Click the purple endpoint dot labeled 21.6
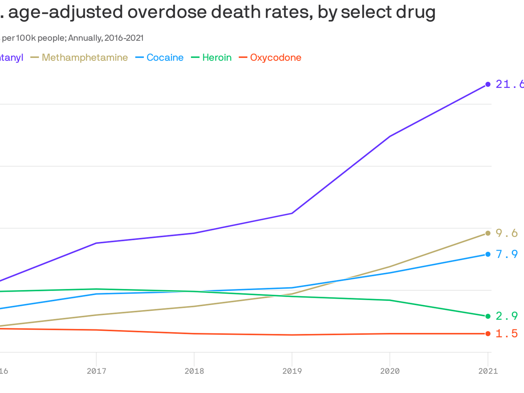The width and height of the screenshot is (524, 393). pyautogui.click(x=488, y=84)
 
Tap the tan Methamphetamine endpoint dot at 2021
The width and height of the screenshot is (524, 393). pyautogui.click(x=488, y=233)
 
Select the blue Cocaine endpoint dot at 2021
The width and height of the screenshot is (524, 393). pyautogui.click(x=488, y=254)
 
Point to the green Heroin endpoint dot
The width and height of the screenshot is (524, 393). pyautogui.click(x=488, y=316)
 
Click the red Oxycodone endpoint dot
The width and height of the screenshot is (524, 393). pyautogui.click(x=488, y=334)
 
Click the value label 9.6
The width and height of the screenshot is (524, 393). pyautogui.click(x=507, y=233)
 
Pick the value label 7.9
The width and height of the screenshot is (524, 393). pyautogui.click(x=507, y=254)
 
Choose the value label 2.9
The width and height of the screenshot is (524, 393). pyautogui.click(x=507, y=316)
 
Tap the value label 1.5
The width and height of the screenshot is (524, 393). pyautogui.click(x=507, y=334)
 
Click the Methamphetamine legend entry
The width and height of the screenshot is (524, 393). pyautogui.click(x=84, y=58)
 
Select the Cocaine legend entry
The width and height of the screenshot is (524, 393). pyautogui.click(x=165, y=58)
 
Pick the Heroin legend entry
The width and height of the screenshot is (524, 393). pyautogui.click(x=217, y=58)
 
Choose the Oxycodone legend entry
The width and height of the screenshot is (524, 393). pyautogui.click(x=275, y=58)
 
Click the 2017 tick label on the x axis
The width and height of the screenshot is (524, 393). pyautogui.click(x=96, y=371)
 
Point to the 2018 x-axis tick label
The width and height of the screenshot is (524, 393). pyautogui.click(x=194, y=371)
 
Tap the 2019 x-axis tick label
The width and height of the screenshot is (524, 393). pyautogui.click(x=292, y=371)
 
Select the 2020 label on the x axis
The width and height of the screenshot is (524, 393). pyautogui.click(x=390, y=371)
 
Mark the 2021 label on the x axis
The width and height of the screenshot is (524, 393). pyautogui.click(x=488, y=371)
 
